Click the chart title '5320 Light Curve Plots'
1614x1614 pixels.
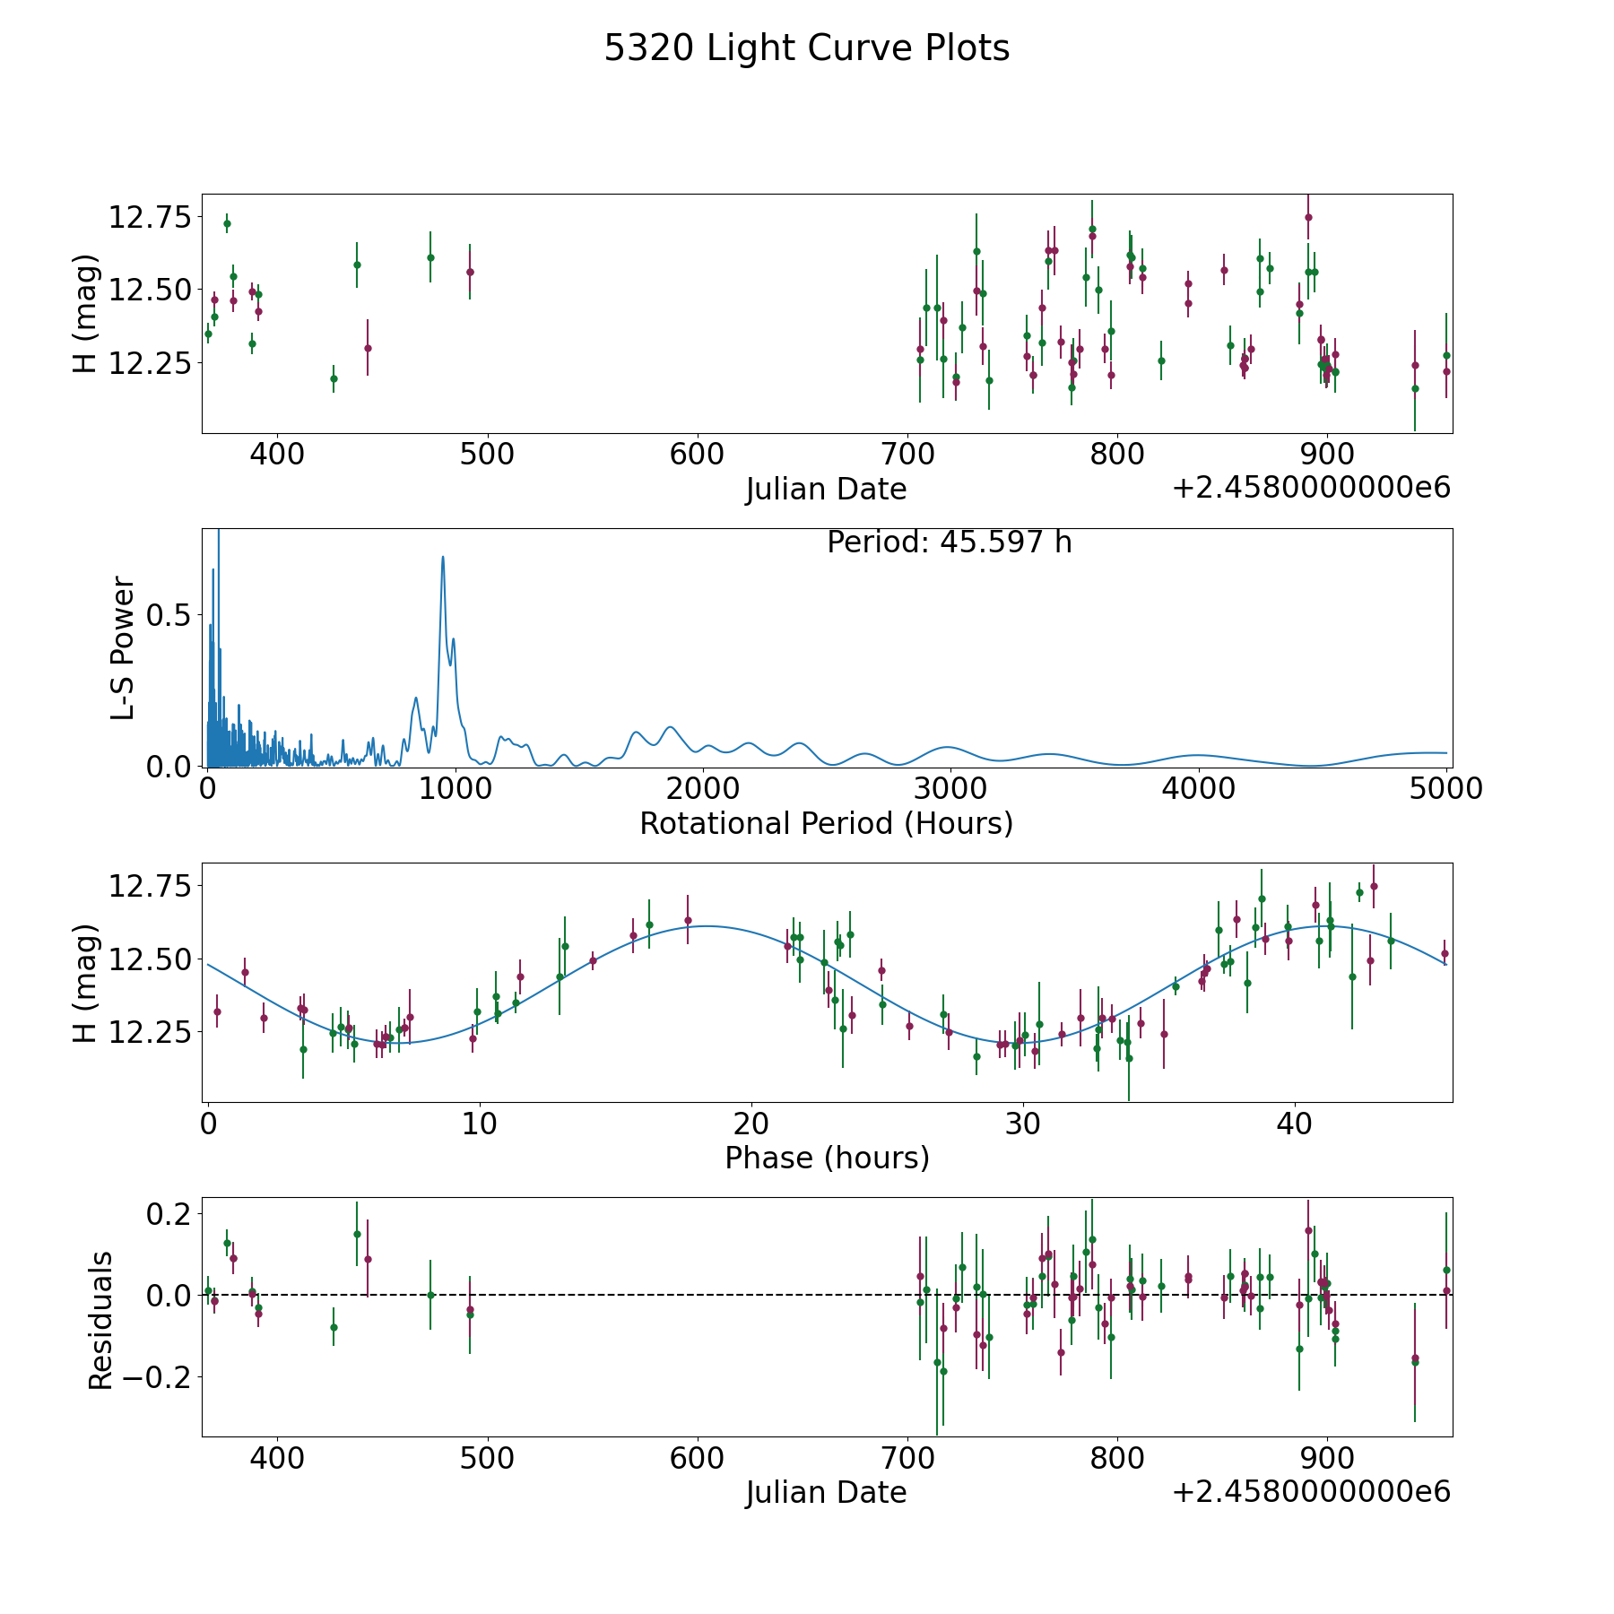coord(807,48)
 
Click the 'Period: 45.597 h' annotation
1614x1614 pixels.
coord(950,542)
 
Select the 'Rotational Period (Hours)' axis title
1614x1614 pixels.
coord(827,823)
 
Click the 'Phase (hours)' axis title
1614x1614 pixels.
coord(827,1158)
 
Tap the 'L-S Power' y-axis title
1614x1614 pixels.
coord(124,647)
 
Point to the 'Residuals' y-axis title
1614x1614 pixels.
coord(101,1320)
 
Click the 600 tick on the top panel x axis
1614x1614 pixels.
coord(698,454)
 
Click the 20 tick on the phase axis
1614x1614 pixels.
coord(751,1123)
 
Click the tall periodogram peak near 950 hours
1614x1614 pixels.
coord(443,557)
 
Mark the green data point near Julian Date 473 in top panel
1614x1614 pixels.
coord(430,257)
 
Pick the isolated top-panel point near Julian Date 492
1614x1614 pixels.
coord(470,272)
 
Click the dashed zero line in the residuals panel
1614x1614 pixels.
coord(827,1295)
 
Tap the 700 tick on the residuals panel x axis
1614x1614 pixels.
coord(908,1457)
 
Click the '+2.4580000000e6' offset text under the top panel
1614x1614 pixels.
coord(1311,488)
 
